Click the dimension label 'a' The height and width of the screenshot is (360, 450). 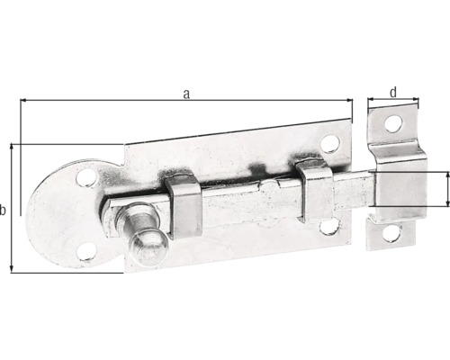[x=186, y=94]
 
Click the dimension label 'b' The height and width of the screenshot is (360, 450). [x=4, y=210]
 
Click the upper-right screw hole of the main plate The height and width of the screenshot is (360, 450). [x=329, y=142]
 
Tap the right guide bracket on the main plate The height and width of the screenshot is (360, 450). [x=316, y=189]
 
